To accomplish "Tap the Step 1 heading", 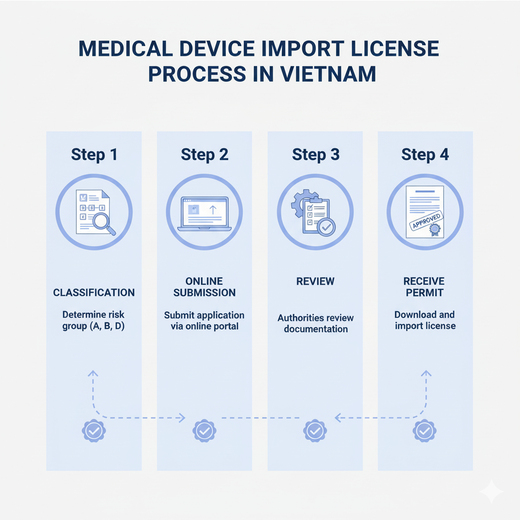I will [x=94, y=154].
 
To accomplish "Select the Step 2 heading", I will [x=204, y=154].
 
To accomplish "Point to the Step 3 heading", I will [x=315, y=154].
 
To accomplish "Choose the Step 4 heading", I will [x=425, y=154].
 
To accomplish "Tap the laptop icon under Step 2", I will [x=204, y=213].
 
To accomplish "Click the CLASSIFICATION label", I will [x=94, y=292].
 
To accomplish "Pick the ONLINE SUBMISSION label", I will [x=204, y=287].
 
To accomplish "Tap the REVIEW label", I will [x=315, y=281].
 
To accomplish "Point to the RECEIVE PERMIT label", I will [x=425, y=287].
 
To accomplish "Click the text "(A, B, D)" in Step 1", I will [x=108, y=326].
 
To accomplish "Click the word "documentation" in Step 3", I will [x=315, y=329].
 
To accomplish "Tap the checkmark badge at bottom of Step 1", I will [x=94, y=431].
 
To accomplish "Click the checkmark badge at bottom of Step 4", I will [x=425, y=431].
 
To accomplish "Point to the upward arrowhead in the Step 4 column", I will [x=426, y=374].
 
